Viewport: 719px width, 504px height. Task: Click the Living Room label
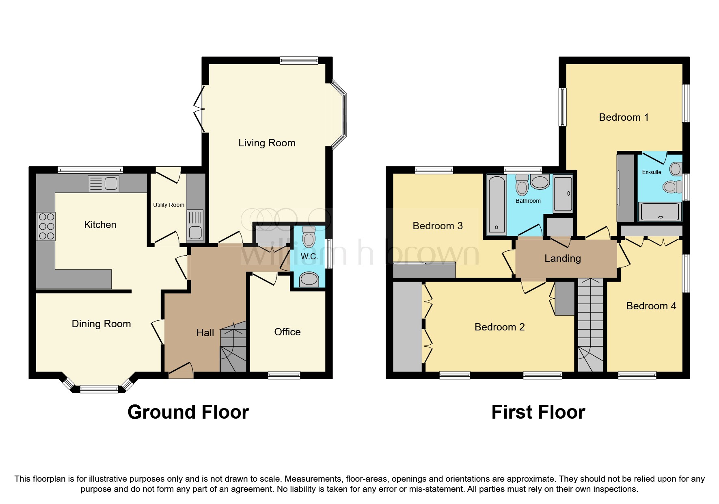(267, 143)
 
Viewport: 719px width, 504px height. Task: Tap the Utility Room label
(168, 205)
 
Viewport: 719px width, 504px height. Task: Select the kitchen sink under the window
(104, 184)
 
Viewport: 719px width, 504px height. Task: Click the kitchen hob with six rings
(46, 226)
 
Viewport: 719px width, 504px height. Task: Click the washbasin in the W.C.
(309, 280)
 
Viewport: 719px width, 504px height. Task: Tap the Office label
(287, 332)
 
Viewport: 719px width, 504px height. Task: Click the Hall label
(205, 333)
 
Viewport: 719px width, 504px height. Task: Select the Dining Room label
(101, 324)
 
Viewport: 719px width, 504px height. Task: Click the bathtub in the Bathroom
(497, 205)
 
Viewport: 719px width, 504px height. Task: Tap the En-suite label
(652, 172)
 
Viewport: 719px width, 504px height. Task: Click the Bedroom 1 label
(624, 117)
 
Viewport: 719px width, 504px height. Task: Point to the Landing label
(563, 259)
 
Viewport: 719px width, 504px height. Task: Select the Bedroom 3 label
(438, 226)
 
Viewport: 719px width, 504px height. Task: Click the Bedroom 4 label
(651, 306)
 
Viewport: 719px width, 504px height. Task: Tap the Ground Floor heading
(188, 412)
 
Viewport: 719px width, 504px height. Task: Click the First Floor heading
(538, 412)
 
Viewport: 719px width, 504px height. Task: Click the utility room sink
(195, 225)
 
